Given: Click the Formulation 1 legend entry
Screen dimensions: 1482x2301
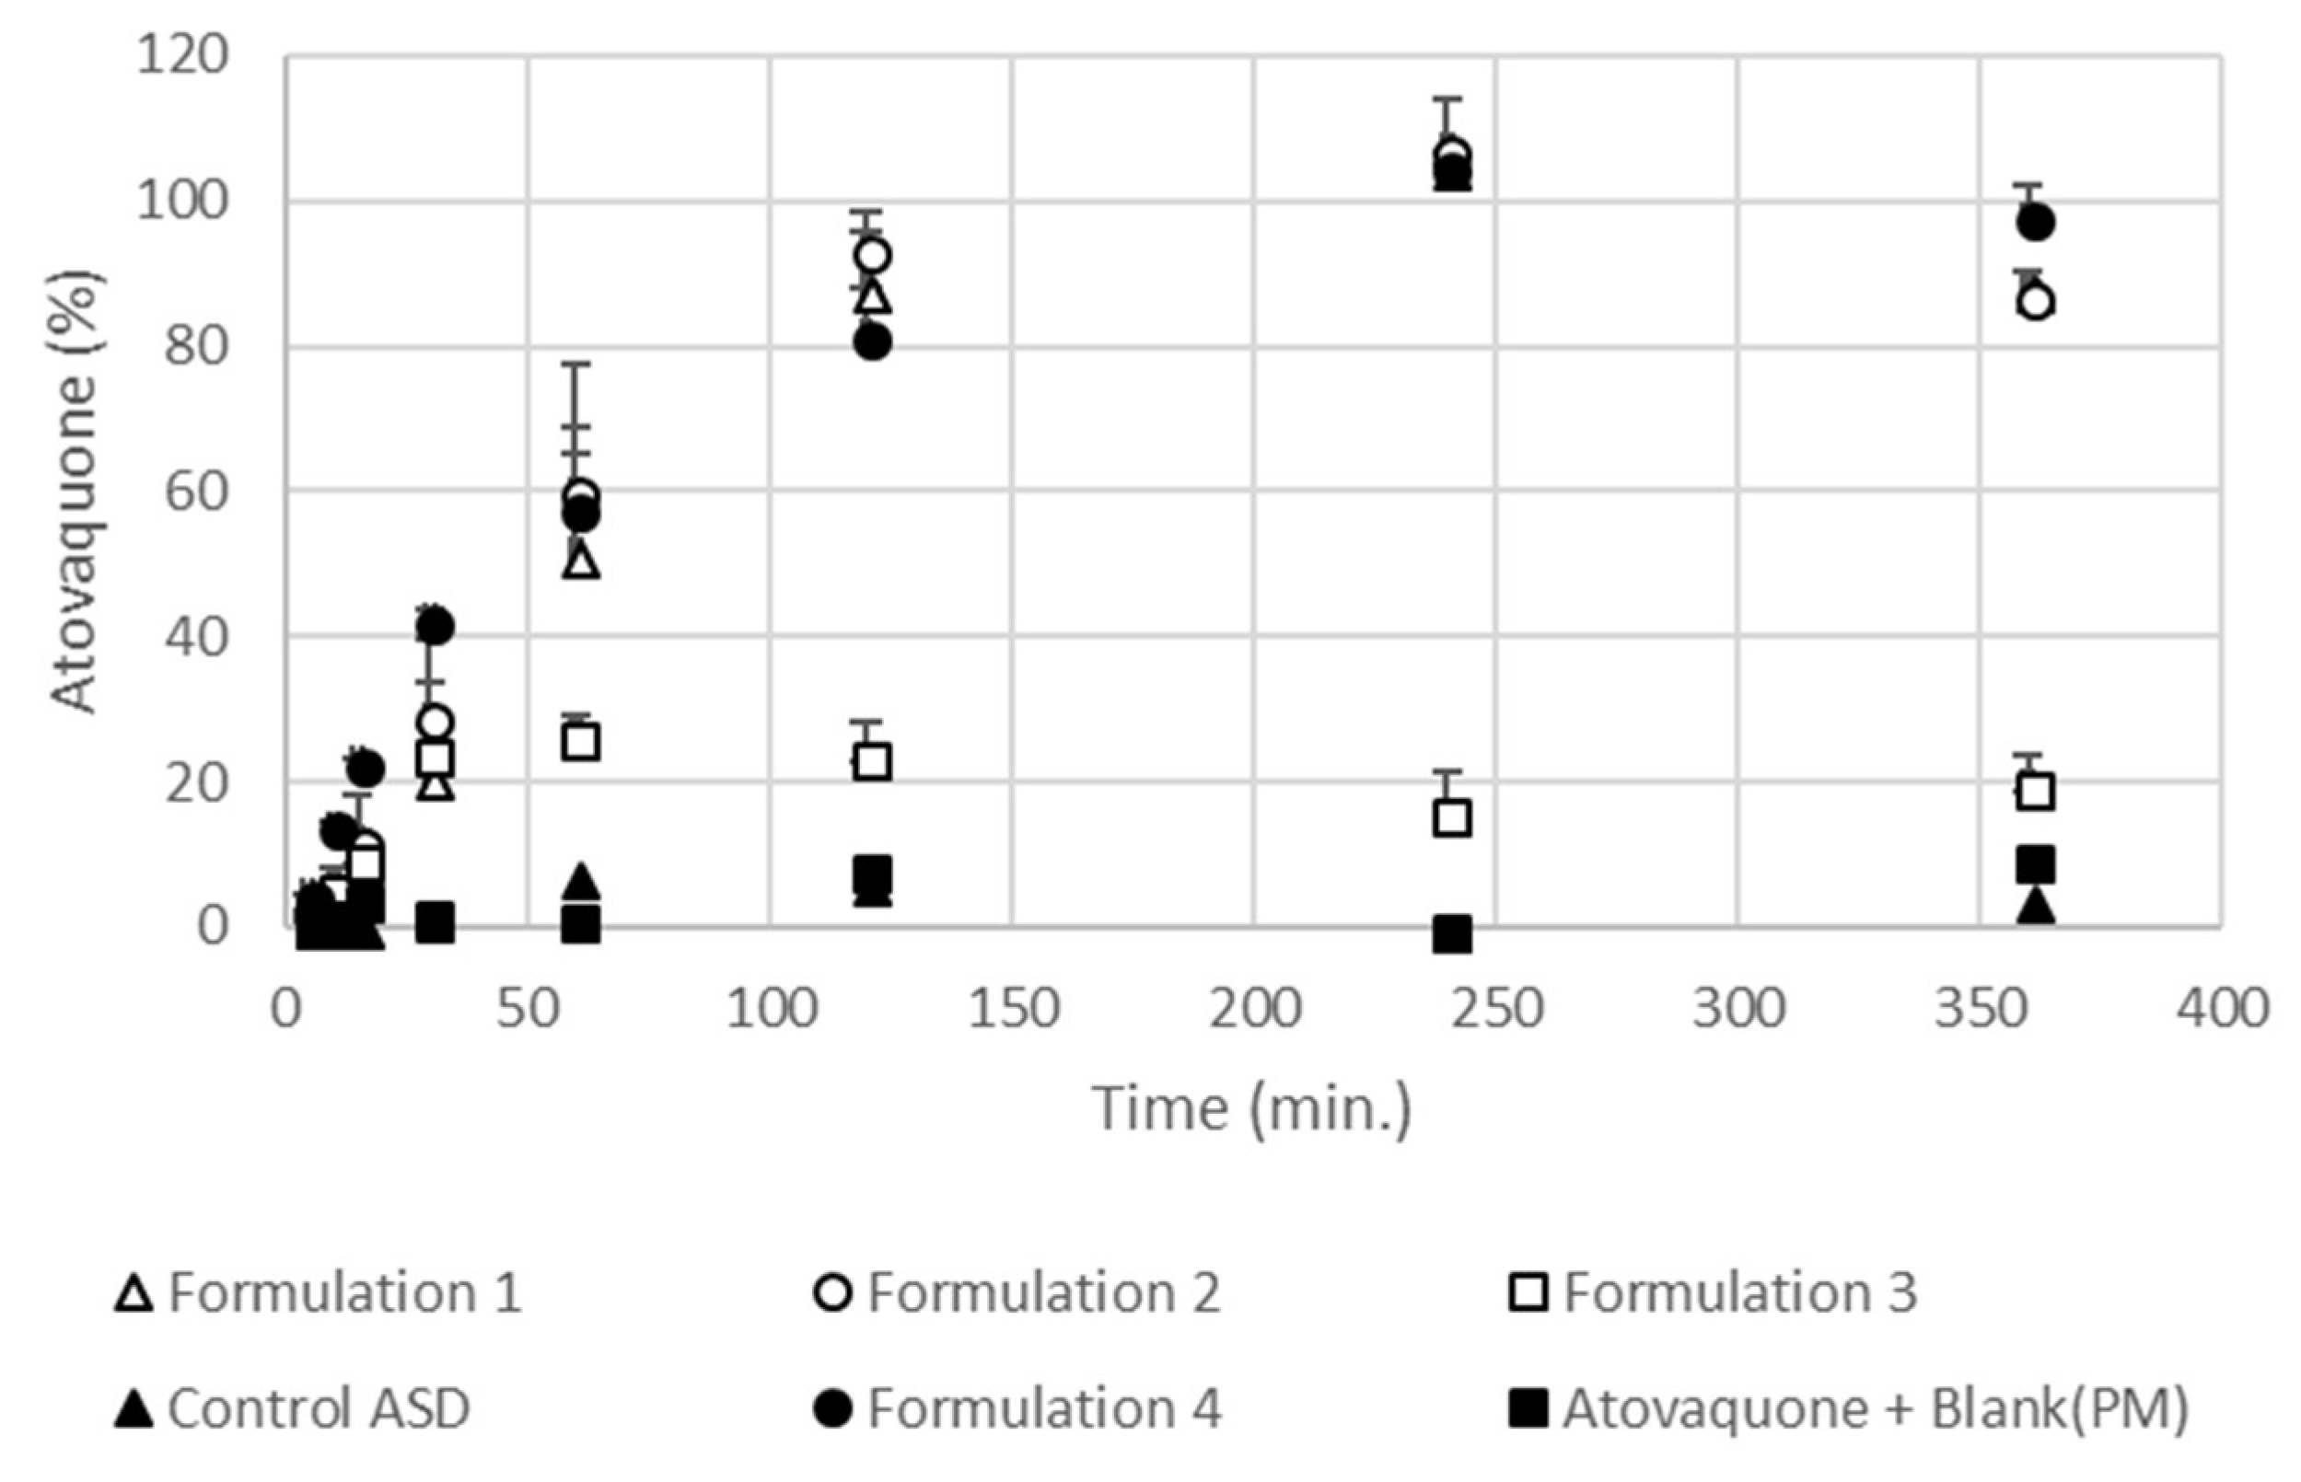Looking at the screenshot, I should [318, 1292].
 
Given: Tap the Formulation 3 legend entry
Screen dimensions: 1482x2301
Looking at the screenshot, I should [1713, 1292].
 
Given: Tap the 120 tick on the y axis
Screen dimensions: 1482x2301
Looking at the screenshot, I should [183, 56].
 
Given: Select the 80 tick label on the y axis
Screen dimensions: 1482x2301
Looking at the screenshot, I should [196, 346].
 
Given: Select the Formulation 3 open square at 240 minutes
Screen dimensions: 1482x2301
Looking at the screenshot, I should [1452, 819].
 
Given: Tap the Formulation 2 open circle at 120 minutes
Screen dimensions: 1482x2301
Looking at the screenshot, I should [872, 256].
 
